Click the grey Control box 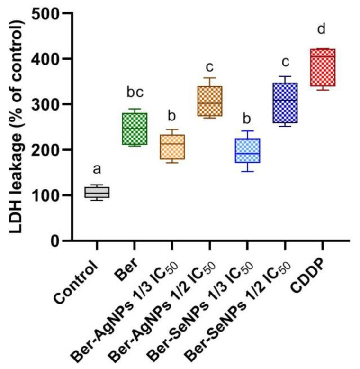pyautogui.click(x=97, y=192)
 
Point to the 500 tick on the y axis pyautogui.click(x=53, y=13)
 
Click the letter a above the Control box pyautogui.click(x=97, y=169)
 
